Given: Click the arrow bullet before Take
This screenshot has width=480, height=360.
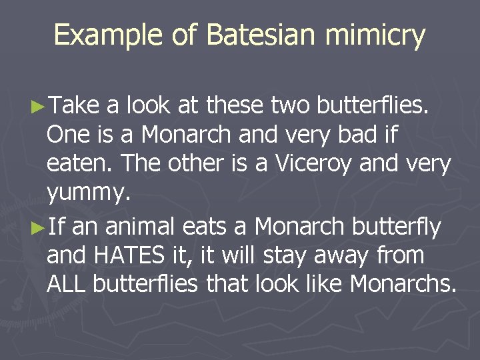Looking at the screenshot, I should [38, 105].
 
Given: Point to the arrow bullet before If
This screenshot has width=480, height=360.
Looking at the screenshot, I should [38, 227].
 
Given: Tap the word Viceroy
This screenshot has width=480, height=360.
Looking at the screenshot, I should [328, 163].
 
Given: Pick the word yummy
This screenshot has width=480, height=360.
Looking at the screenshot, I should [86, 193].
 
